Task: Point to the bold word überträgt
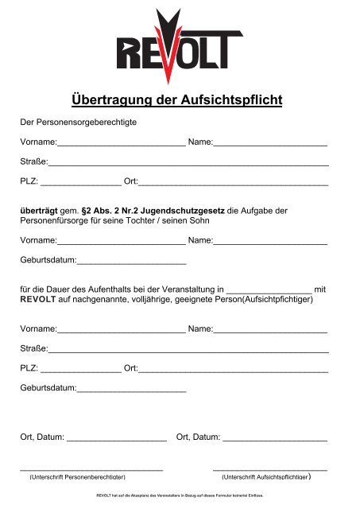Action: (x=37, y=211)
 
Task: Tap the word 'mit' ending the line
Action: (x=321, y=290)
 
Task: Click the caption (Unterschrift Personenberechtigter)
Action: (x=77, y=478)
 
